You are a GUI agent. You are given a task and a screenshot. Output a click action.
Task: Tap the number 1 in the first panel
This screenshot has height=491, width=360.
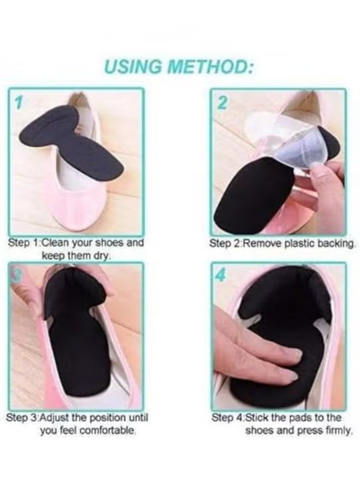tap(18, 102)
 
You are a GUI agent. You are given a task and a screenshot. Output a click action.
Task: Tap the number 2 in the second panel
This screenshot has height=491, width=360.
tap(223, 102)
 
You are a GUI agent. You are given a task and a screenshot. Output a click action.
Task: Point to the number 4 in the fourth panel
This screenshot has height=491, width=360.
tap(220, 276)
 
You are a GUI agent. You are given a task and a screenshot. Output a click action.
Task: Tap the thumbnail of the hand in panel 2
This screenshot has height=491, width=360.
tap(319, 172)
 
